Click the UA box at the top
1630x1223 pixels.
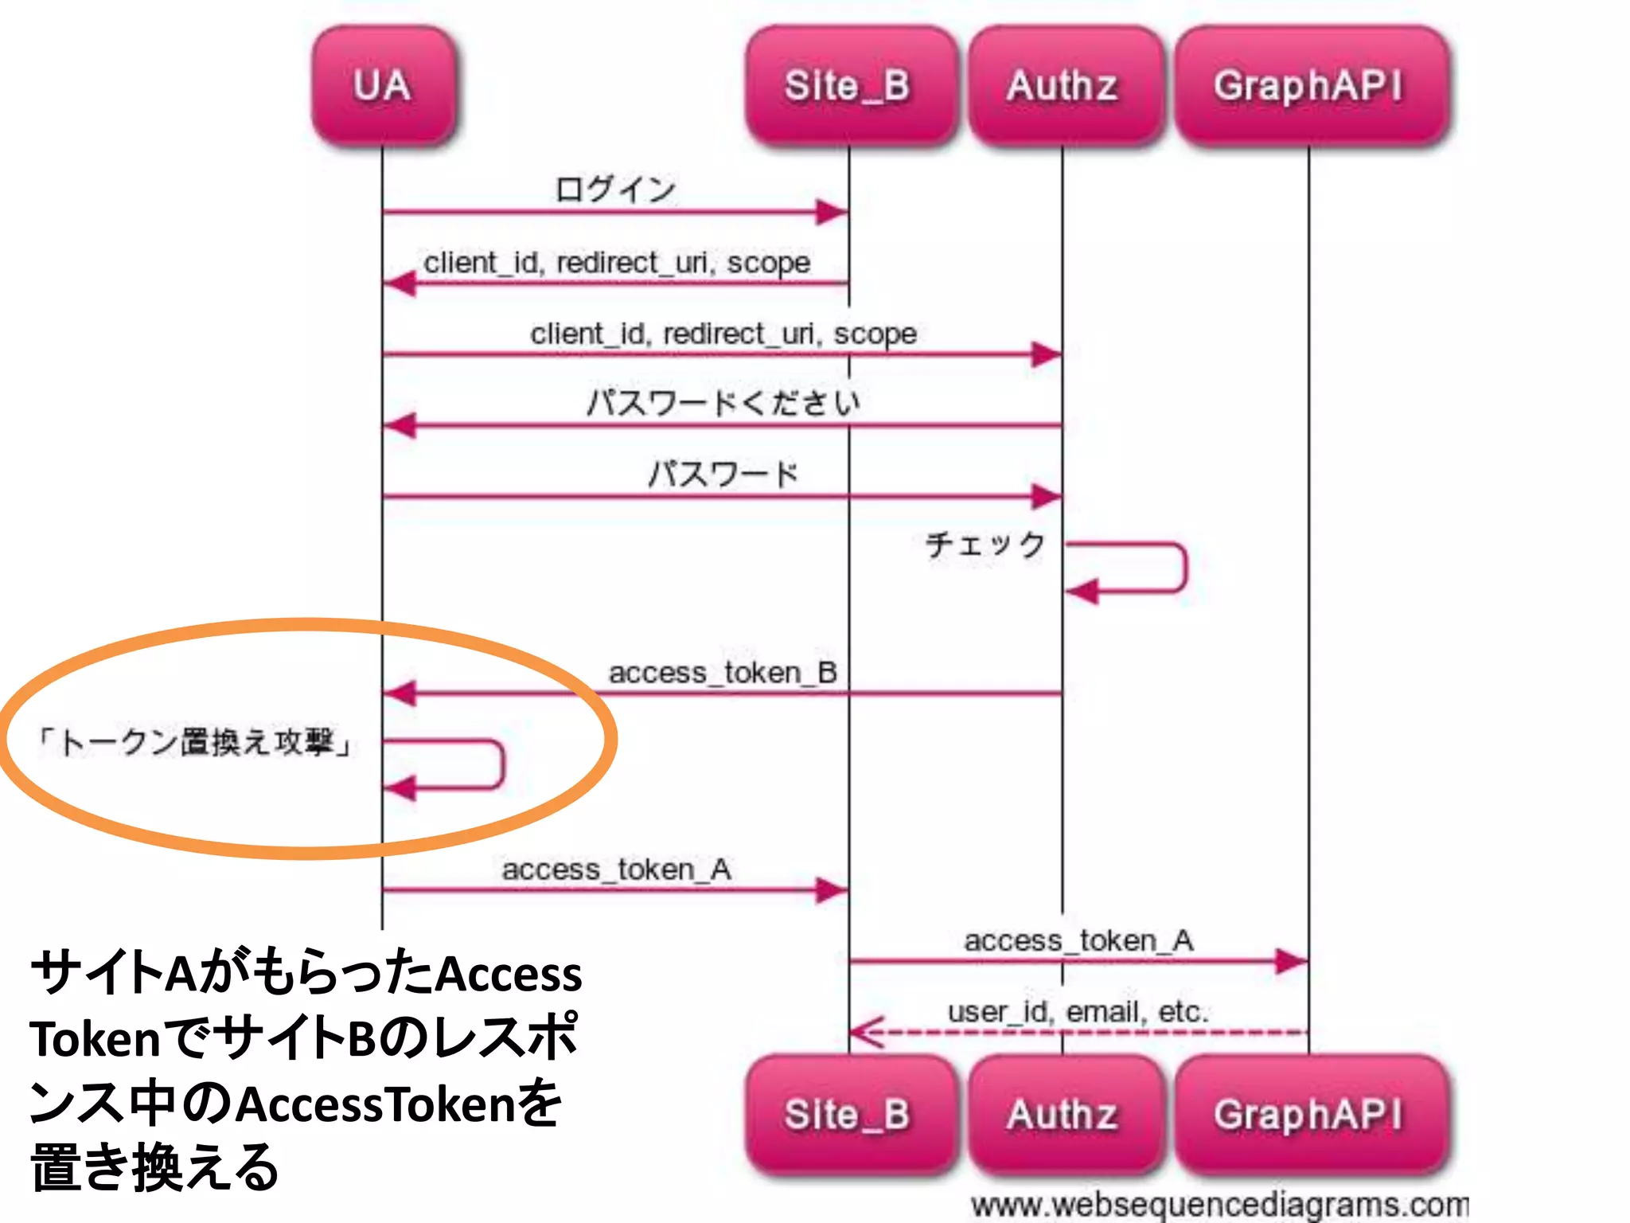pos(383,86)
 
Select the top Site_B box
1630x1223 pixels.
pos(848,86)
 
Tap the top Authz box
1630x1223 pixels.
pos(1062,86)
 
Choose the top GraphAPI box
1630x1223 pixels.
pos(1308,86)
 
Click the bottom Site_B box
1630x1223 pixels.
pos(848,1114)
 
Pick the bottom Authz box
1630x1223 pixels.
pos(1062,1114)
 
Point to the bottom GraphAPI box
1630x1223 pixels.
pos(1308,1114)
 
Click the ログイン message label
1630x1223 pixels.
pos(614,190)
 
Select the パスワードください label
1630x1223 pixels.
pos(723,402)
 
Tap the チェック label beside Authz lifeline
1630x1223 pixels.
pos(985,545)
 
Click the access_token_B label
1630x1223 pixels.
pos(723,673)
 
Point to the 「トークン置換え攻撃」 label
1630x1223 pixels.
pos(195,742)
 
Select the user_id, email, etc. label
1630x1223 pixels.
pos(1078,1012)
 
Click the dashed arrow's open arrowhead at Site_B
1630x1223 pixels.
pos(866,1033)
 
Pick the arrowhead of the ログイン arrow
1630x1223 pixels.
pos(833,213)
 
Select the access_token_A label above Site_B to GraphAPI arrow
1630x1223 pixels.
pos(1078,940)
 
